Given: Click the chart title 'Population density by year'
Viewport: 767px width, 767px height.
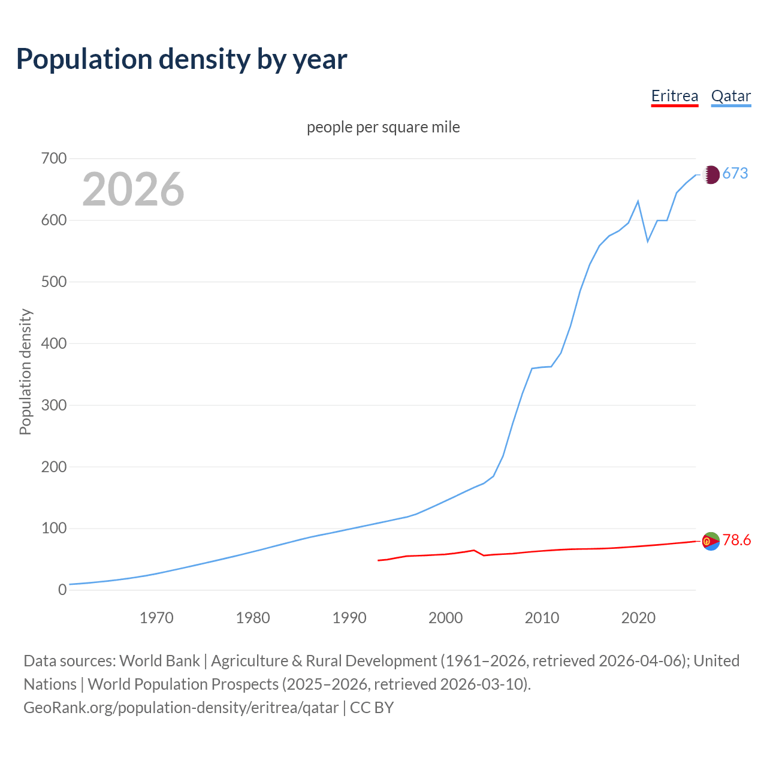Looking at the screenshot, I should click(x=182, y=59).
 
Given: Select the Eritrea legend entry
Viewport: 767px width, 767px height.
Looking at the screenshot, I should click(x=675, y=96).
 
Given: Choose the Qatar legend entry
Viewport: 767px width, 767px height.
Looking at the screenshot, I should click(x=730, y=96).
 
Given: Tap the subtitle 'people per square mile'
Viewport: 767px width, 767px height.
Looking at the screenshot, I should click(x=383, y=127).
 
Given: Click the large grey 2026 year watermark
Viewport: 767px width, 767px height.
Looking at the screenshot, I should click(x=133, y=189).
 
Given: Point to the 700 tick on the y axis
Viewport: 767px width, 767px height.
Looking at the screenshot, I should click(x=53, y=159).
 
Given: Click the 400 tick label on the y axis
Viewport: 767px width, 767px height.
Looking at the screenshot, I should click(x=53, y=344).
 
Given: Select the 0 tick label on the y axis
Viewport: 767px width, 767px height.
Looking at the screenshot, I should click(x=62, y=590).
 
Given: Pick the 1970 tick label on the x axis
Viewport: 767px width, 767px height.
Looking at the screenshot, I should click(x=156, y=618).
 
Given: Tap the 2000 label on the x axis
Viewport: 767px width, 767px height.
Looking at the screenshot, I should click(x=445, y=618).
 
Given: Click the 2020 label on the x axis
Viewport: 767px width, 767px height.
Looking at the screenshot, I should click(x=638, y=618).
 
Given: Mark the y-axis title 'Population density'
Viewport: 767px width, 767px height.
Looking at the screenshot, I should click(x=25, y=372).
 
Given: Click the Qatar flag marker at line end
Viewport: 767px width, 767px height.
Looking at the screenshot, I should click(x=711, y=174).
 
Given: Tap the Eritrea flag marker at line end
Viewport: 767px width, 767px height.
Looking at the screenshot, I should click(x=711, y=541).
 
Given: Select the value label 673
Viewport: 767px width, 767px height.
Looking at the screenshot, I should click(x=735, y=174).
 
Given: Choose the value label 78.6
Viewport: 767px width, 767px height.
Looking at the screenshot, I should click(x=736, y=540).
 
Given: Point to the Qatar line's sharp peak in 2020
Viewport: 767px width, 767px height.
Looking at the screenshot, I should click(x=638, y=201).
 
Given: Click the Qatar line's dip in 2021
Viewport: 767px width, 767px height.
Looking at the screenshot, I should click(x=648, y=241).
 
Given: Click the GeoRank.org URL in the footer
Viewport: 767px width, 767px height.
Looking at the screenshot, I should click(x=181, y=708).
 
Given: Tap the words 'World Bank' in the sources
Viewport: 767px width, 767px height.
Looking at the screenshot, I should click(x=159, y=661).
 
